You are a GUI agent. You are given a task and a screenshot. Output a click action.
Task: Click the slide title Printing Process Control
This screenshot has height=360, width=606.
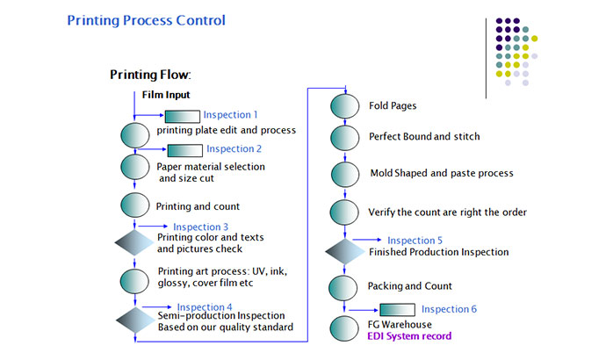[x=146, y=20]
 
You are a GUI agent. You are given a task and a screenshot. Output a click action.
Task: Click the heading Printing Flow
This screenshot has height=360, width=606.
[x=150, y=76]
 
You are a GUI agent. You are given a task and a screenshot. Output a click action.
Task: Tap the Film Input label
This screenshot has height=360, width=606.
[x=166, y=95]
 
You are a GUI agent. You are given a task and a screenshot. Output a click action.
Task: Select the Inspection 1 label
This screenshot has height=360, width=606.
[x=231, y=115]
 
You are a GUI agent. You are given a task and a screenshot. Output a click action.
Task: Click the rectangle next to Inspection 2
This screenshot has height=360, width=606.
[x=184, y=150]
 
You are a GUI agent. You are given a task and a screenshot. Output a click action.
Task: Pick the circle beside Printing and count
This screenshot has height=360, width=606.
[x=134, y=205]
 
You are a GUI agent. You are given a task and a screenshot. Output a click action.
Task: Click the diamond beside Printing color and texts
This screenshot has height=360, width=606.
[x=134, y=243]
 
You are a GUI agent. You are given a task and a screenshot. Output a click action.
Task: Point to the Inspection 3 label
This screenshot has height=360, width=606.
[x=203, y=227]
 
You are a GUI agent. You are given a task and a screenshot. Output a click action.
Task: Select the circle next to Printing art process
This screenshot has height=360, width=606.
[x=134, y=281]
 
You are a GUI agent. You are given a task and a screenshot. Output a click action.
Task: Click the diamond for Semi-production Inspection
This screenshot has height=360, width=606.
[x=134, y=320]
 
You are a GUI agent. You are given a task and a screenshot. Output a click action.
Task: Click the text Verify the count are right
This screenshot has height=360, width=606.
[x=448, y=212]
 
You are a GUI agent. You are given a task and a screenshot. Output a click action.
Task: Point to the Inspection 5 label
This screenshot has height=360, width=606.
[x=415, y=240]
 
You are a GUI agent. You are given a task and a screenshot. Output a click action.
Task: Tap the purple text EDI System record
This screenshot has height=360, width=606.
[x=409, y=336]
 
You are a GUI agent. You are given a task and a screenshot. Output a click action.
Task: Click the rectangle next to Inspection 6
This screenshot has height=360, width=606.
[x=397, y=309]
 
